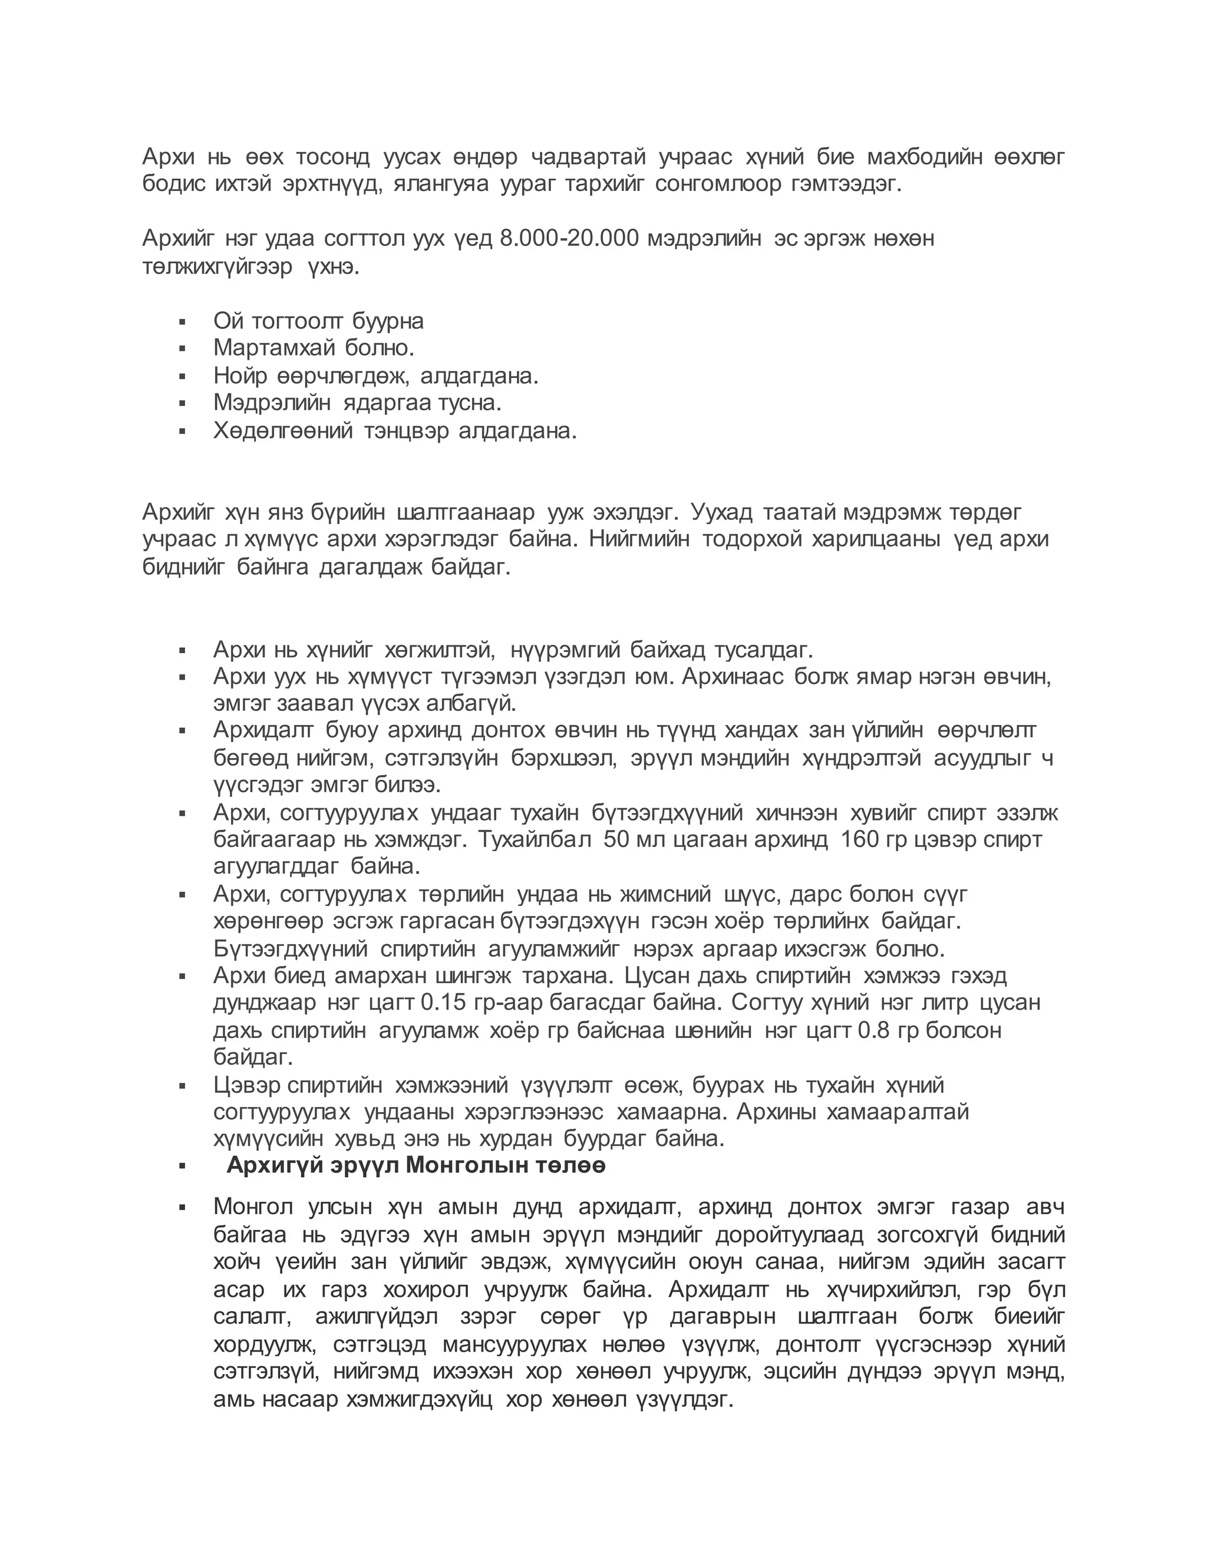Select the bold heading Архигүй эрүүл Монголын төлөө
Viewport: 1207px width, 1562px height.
(x=416, y=1165)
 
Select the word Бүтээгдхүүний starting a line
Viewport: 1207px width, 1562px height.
(x=291, y=949)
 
